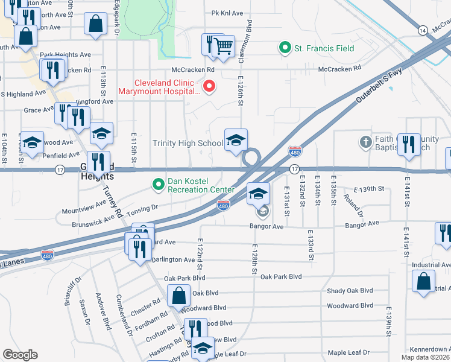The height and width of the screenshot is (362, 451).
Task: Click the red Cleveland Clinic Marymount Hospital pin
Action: pos(209,87)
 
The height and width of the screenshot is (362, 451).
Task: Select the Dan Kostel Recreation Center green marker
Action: pos(159,183)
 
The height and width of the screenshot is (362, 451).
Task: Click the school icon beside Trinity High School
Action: pos(236,141)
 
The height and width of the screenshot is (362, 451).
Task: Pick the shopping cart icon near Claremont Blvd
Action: pos(223,45)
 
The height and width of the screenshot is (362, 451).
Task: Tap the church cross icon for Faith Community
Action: pos(365,142)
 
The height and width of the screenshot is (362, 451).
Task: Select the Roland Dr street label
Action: pos(353,205)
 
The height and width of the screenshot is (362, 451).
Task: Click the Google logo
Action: pos(20,355)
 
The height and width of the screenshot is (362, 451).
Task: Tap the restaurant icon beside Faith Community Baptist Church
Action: pos(409,144)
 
